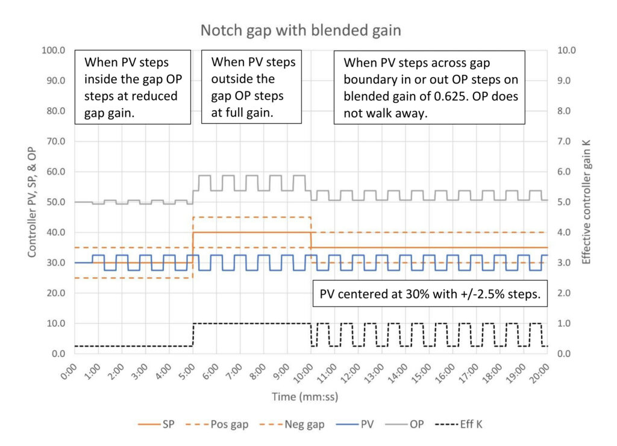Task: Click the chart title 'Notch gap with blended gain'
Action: [x=301, y=30]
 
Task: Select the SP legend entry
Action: [x=156, y=424]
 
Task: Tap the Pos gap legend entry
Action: [x=217, y=424]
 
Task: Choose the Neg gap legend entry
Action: [x=292, y=424]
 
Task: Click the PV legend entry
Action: [x=355, y=424]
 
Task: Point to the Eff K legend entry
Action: [x=459, y=424]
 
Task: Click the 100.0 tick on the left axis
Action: [x=54, y=51]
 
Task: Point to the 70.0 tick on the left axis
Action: [x=56, y=141]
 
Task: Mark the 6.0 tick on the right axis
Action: [x=564, y=172]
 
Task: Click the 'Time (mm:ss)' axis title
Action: [x=305, y=397]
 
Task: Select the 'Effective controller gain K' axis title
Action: [x=586, y=202]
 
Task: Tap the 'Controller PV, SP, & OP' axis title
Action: [x=32, y=202]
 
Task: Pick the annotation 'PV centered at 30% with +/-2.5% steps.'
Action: [x=430, y=294]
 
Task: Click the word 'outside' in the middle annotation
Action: [x=243, y=79]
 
